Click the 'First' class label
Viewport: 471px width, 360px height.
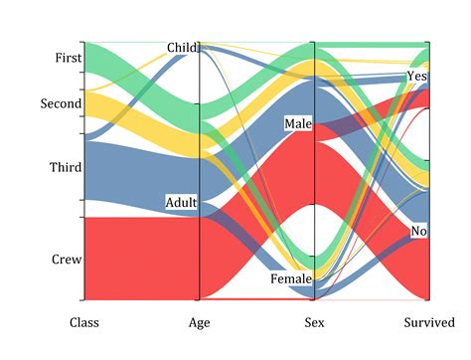click(x=61, y=59)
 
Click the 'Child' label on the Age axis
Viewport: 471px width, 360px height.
click(x=183, y=47)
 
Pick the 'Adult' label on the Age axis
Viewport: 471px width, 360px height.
click(x=181, y=203)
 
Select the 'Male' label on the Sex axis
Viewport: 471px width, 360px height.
click(x=297, y=124)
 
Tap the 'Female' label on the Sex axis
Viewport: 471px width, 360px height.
click(x=291, y=279)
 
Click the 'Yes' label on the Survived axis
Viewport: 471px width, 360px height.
click(x=417, y=77)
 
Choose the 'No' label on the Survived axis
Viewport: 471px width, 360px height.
click(x=419, y=232)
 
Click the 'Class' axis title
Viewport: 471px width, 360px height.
click(x=83, y=322)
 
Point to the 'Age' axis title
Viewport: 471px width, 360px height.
click(x=200, y=322)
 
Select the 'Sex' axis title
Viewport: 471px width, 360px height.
click(x=314, y=322)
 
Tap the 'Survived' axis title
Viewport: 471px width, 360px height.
click(x=429, y=322)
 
